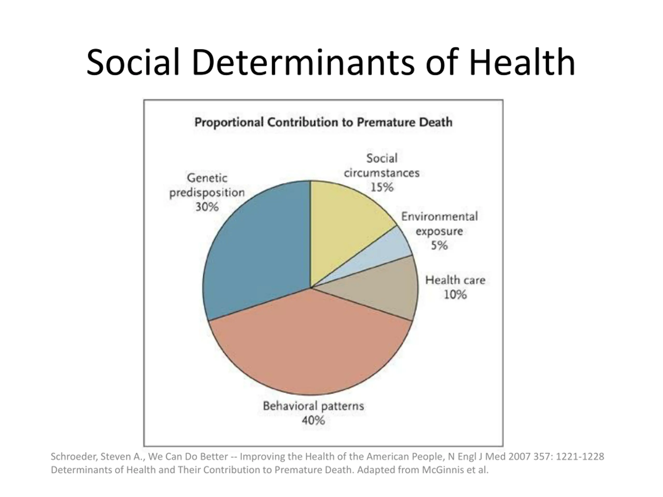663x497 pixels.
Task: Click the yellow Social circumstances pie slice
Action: [342, 228]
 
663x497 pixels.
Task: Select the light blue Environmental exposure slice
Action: [387, 255]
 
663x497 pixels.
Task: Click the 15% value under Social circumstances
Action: [382, 187]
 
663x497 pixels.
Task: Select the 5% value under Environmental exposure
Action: [439, 246]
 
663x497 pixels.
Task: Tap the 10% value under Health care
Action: [455, 295]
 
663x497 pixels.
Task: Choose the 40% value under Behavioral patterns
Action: [313, 421]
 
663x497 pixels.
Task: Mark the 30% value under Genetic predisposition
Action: [207, 207]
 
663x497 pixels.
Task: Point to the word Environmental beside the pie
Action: [439, 217]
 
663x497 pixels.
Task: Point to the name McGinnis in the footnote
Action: [442, 470]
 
